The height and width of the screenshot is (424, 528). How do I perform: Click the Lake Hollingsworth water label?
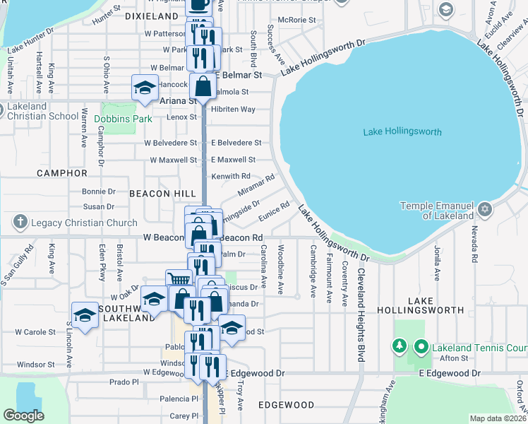click(x=402, y=132)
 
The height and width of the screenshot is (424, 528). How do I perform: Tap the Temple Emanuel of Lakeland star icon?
click(x=485, y=210)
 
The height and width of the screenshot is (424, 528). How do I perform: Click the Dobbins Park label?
click(x=123, y=119)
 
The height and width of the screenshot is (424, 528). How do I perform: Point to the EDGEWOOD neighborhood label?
click(x=286, y=405)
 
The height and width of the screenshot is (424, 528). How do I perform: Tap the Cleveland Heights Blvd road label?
click(x=360, y=315)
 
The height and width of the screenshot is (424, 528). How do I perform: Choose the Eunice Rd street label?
click(x=275, y=210)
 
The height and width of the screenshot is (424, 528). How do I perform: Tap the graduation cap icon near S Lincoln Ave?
click(x=85, y=314)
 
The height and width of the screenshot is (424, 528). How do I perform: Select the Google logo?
click(x=23, y=416)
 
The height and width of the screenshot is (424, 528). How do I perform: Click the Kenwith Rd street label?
click(x=231, y=176)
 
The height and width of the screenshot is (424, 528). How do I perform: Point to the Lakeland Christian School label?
click(x=40, y=112)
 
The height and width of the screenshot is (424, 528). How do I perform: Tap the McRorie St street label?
click(x=296, y=20)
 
